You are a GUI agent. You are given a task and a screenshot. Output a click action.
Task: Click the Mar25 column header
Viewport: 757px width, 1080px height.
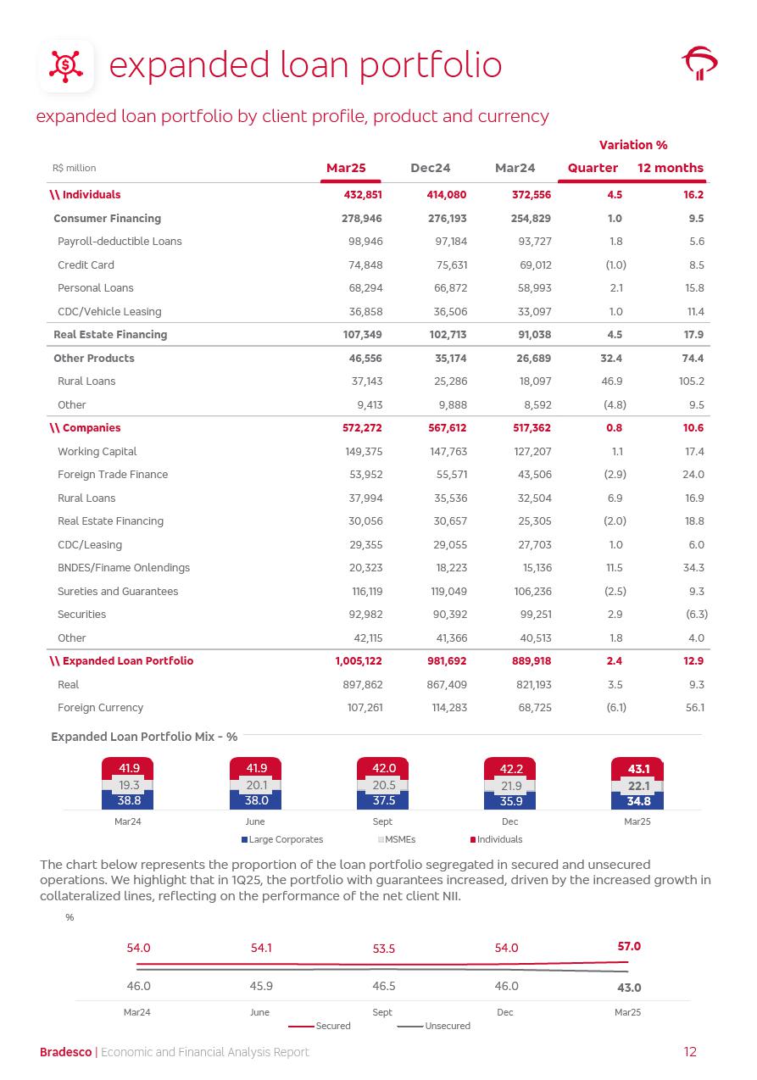coord(346,168)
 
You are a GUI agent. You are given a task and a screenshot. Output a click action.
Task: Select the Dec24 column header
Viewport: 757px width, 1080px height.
coord(430,168)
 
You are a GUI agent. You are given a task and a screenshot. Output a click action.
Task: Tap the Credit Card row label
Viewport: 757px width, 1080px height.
coord(86,264)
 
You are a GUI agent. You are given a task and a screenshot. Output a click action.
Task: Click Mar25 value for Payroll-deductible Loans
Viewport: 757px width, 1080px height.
coord(365,242)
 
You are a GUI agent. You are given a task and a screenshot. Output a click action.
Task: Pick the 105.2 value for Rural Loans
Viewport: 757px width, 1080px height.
coord(693,381)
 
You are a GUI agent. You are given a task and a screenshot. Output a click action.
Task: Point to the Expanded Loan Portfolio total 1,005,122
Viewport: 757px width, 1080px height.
coord(359,661)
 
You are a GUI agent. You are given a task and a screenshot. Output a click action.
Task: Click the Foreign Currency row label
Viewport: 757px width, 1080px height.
coord(100,708)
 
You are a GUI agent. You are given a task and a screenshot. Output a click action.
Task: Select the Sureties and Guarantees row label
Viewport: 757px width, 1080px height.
coord(118,592)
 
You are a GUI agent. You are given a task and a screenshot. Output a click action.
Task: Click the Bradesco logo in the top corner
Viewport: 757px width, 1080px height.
coord(699,64)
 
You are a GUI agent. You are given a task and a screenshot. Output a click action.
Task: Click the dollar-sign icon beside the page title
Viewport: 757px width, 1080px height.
coord(66,65)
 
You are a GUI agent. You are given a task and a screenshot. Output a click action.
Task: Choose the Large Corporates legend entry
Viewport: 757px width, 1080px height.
coord(282,839)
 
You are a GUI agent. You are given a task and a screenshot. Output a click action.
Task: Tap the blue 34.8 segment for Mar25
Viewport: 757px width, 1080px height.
coord(637,801)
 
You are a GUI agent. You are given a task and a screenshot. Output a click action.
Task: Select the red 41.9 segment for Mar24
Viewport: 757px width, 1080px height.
coord(129,768)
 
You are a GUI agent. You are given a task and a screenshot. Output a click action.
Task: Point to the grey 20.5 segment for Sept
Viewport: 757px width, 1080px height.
coord(383,785)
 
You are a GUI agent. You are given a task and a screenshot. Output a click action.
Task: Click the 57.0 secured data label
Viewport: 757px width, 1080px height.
coord(629,946)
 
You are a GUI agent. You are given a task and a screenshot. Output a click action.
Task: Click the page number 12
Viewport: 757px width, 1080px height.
coord(690,1052)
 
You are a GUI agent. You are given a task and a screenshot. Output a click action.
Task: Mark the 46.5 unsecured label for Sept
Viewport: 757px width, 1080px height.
coord(383,987)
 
